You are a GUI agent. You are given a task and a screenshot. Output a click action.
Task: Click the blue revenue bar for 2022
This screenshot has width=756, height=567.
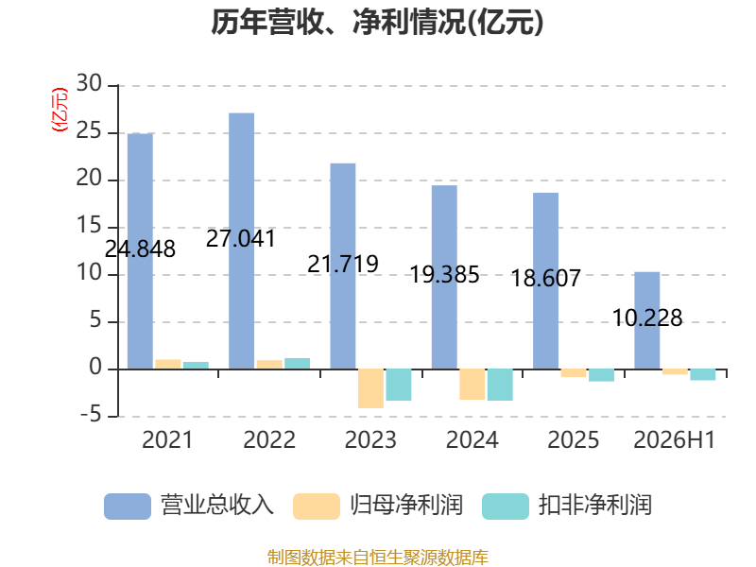point(242,241)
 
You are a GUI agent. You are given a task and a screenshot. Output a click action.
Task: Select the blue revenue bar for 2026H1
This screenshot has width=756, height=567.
point(647,320)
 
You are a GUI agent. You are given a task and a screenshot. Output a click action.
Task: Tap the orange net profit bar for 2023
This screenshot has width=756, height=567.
point(370,388)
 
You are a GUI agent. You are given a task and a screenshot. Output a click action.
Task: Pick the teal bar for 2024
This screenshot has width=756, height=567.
point(500,385)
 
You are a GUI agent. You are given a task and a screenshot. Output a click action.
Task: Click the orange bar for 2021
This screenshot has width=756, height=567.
point(168,365)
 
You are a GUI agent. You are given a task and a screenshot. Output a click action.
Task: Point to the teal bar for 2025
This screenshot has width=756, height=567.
point(601,375)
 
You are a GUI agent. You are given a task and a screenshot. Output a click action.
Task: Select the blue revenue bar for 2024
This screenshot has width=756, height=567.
point(444,277)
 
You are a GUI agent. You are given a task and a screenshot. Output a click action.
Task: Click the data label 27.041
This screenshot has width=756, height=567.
point(241,239)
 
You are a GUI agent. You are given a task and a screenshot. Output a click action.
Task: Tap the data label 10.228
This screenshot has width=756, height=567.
point(647,318)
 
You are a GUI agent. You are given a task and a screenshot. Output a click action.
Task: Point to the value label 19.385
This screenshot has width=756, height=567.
point(444,275)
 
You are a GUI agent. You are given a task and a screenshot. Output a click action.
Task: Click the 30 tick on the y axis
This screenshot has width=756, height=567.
point(89,83)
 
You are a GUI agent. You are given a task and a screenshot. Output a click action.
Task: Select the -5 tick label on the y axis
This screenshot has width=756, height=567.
point(91,415)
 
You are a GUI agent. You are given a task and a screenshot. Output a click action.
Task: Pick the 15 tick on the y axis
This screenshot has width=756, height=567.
point(89,226)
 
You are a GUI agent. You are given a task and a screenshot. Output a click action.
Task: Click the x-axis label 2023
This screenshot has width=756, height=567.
point(370,439)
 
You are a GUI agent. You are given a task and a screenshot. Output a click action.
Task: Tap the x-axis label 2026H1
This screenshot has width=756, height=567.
point(674,439)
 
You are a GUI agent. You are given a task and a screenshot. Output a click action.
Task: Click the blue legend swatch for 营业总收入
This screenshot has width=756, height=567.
point(128,507)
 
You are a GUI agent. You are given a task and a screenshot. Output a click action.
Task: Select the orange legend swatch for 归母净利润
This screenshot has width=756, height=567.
point(317,507)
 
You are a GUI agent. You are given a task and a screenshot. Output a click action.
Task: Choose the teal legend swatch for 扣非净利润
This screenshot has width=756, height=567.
point(506,507)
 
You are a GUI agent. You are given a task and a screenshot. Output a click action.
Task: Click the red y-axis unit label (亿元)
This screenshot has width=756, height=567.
point(60,110)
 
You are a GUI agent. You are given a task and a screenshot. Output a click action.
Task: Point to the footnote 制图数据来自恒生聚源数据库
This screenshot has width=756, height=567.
point(378,558)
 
